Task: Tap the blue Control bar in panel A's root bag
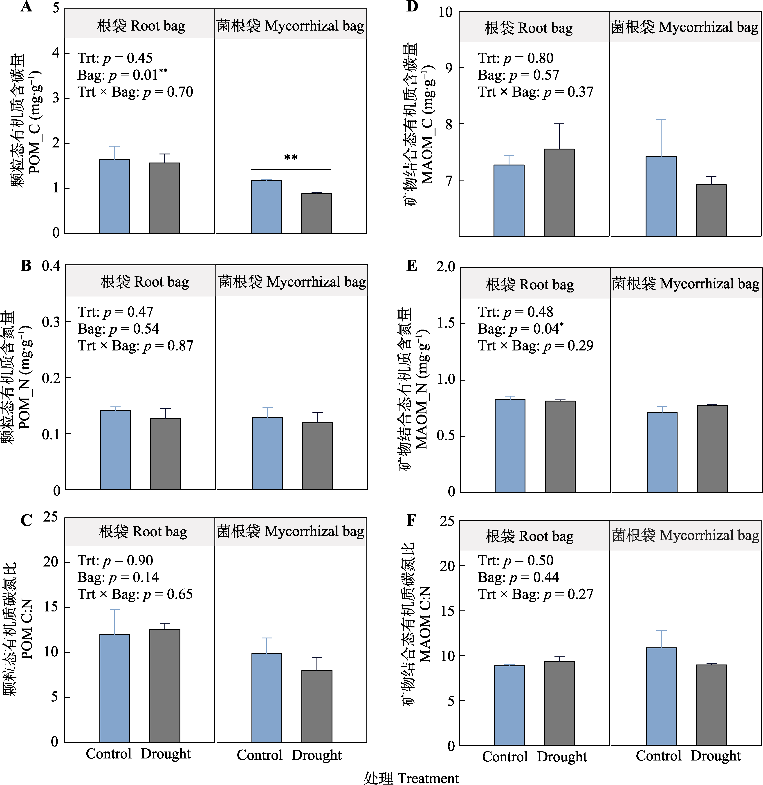point(114,196)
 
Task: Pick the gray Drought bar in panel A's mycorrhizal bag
point(316,214)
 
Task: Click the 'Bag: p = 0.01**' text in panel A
point(122,75)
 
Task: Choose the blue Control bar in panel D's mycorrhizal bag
point(661,196)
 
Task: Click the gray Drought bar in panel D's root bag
point(559,192)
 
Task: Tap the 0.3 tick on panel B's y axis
point(51,322)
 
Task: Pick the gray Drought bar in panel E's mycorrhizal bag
point(712,448)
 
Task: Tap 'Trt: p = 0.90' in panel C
point(115,560)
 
